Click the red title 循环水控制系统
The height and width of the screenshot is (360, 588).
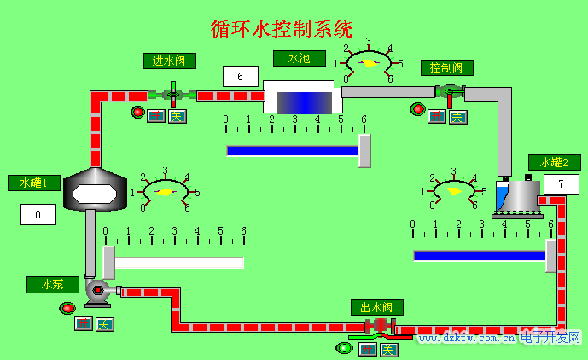tap(282, 28)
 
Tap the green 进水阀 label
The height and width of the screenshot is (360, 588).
tap(170, 61)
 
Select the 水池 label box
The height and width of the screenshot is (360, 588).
tap(298, 58)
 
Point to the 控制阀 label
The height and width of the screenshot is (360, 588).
tap(446, 67)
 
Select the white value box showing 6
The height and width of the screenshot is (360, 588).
tap(241, 77)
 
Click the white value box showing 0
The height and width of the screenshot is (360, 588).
tap(38, 215)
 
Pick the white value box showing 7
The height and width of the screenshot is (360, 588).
tap(561, 183)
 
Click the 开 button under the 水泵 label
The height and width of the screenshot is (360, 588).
tap(84, 324)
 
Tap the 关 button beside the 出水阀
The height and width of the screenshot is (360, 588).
tap(389, 350)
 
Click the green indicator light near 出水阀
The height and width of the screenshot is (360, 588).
tap(345, 347)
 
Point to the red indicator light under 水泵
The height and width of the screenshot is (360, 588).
tap(67, 308)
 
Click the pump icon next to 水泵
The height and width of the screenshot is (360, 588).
tap(97, 291)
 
